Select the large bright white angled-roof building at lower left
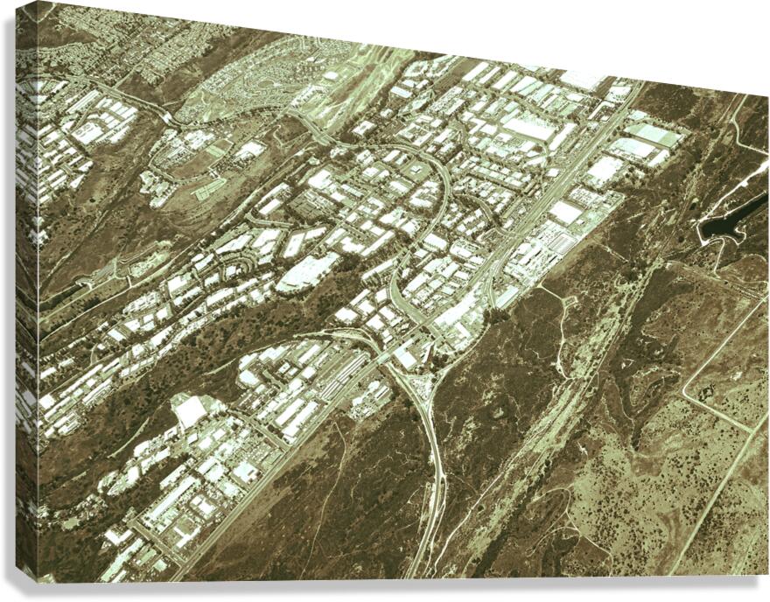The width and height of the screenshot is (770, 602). pos(189,409)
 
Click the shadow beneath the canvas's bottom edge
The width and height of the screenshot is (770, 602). pos(394,591)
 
